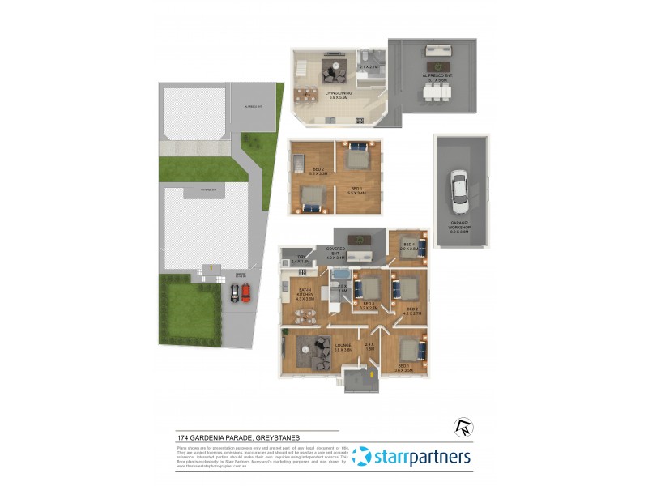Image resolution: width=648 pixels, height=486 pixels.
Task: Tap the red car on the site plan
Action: pyautogui.click(x=246, y=293)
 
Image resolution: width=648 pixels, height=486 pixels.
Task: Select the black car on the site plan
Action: pyautogui.click(x=234, y=293)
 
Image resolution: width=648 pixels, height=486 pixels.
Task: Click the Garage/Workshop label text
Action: pyautogui.click(x=459, y=226)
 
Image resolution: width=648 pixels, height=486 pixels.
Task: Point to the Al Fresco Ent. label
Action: pyautogui.click(x=437, y=79)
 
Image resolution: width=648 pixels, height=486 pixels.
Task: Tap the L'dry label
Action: pyautogui.click(x=300, y=260)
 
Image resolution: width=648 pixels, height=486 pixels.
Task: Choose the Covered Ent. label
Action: pyautogui.click(x=335, y=252)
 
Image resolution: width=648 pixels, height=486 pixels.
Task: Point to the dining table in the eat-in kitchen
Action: pyautogui.click(x=305, y=317)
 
